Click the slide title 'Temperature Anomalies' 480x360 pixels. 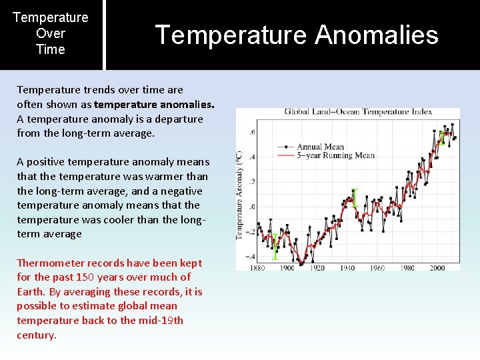297,35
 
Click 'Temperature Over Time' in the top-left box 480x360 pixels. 51,33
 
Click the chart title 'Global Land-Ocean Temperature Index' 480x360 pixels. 358,111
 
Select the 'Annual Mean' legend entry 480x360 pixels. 320,147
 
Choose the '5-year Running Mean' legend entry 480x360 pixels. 335,155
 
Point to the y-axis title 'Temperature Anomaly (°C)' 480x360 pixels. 239,195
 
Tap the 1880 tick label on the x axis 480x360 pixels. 258,268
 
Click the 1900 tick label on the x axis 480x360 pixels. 287,268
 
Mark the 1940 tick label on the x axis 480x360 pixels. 347,268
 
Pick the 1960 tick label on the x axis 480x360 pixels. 377,268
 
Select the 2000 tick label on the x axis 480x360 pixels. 437,268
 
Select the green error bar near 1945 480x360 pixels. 354,198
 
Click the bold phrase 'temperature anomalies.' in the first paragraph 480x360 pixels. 154,104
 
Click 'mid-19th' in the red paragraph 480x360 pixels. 162,320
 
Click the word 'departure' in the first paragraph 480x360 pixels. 181,119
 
